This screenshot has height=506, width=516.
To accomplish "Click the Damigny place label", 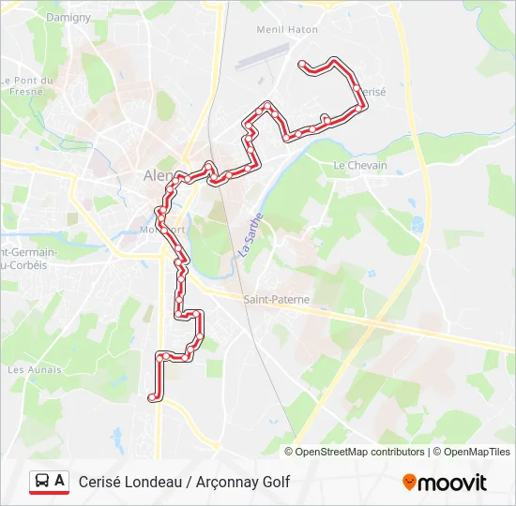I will tap(68, 17).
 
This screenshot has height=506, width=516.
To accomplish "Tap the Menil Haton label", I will tap(287, 30).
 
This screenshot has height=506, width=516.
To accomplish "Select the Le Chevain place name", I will tap(360, 166).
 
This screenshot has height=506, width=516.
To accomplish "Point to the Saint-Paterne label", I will tap(276, 300).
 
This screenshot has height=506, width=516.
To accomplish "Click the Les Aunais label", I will tap(35, 370).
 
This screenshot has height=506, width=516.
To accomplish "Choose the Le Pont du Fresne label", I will tap(30, 86).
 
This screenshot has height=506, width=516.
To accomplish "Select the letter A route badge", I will tap(60, 481).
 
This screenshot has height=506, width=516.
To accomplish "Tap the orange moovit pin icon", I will tap(409, 483).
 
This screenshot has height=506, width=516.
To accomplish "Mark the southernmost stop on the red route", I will tap(152, 397).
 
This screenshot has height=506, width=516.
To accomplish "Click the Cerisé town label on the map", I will tap(372, 91).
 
